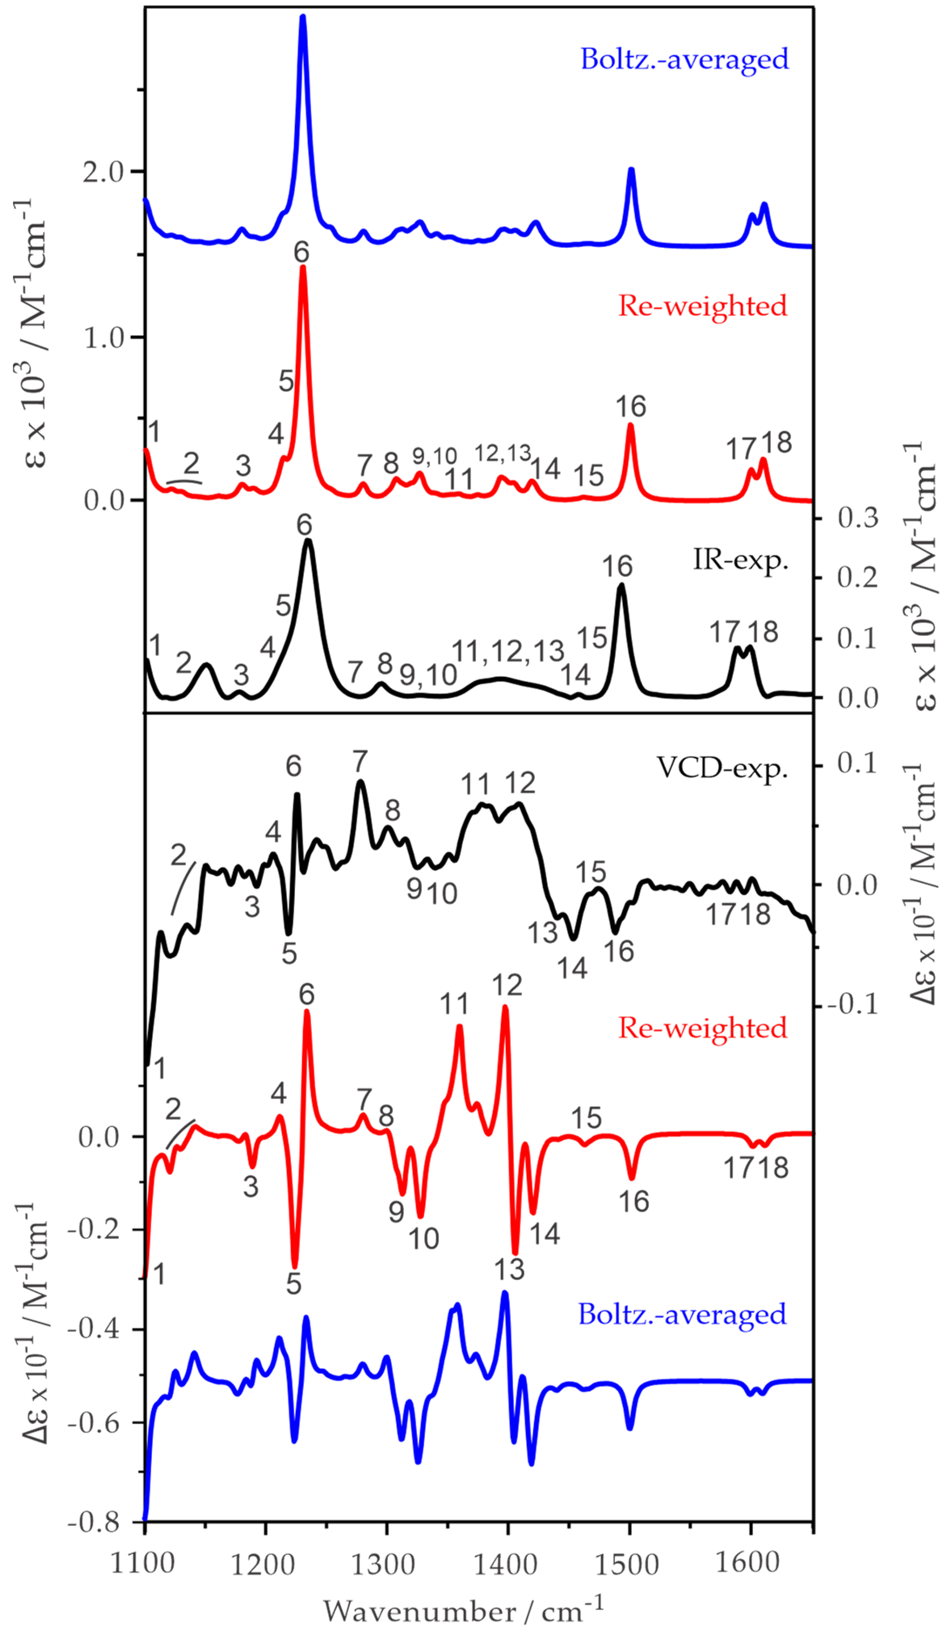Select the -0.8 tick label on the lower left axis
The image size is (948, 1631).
(x=94, y=1524)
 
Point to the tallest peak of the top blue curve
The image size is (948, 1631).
(x=303, y=18)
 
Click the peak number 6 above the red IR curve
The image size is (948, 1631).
(x=301, y=253)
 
